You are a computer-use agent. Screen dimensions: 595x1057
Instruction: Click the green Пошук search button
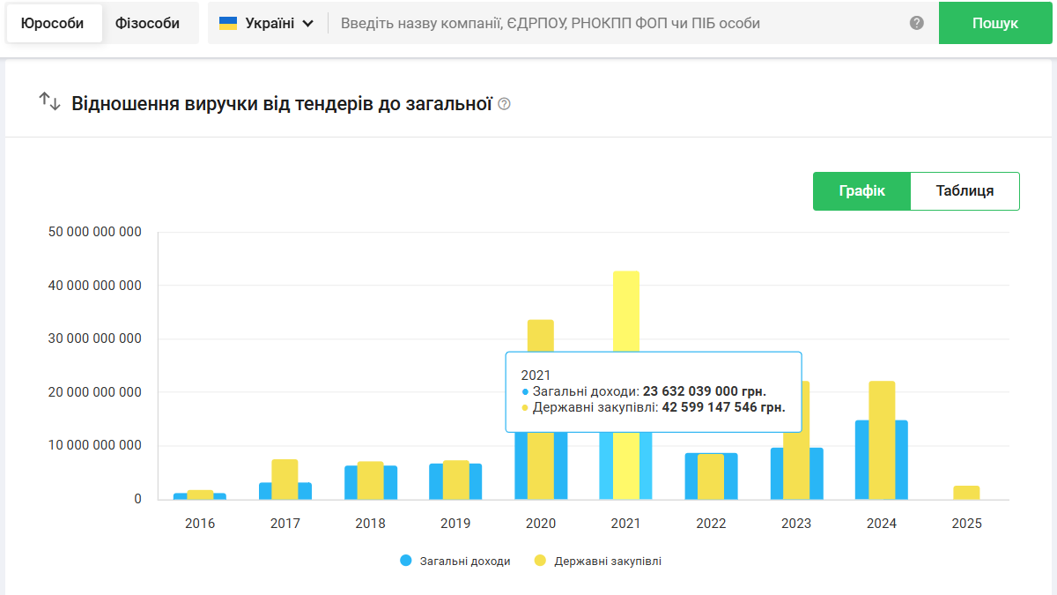pyautogui.click(x=994, y=23)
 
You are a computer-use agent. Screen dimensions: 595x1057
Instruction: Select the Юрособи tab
pyautogui.click(x=53, y=24)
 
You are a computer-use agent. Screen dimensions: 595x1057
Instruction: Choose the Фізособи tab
pyautogui.click(x=147, y=24)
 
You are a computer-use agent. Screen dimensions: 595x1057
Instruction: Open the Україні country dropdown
pyautogui.click(x=266, y=24)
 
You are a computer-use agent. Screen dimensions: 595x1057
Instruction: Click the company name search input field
pyautogui.click(x=617, y=24)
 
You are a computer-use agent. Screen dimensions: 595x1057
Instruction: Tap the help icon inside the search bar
pyautogui.click(x=917, y=23)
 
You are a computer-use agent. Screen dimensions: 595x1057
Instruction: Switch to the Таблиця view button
pyautogui.click(x=965, y=191)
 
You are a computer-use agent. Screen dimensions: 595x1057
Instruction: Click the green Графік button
pyautogui.click(x=861, y=191)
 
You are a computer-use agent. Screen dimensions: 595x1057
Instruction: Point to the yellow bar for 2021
pyautogui.click(x=626, y=309)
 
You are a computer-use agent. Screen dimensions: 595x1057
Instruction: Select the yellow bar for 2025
pyautogui.click(x=966, y=493)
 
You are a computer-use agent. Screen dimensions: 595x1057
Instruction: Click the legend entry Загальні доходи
pyautogui.click(x=455, y=561)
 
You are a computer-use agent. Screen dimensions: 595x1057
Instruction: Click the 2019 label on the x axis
pyautogui.click(x=455, y=524)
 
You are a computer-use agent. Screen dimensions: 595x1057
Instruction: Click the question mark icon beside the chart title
pyautogui.click(x=504, y=104)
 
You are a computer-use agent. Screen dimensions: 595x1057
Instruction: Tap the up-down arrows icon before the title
pyautogui.click(x=49, y=102)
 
